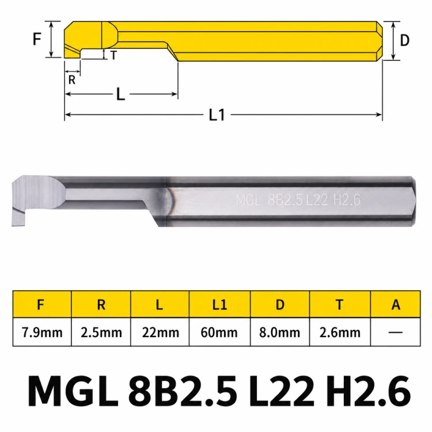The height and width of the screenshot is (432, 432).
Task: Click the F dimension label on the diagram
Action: point(37,39)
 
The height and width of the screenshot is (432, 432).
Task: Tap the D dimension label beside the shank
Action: point(404,40)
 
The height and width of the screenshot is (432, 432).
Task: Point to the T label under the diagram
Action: point(114,55)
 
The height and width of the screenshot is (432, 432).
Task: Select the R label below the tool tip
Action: point(71,80)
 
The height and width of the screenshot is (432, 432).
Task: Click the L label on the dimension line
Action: point(121,94)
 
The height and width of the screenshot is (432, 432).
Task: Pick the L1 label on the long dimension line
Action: point(217,115)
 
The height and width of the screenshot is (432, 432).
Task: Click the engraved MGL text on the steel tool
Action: point(248,200)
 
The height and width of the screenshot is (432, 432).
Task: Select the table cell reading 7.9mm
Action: point(42,332)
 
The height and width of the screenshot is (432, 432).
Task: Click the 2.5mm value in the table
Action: point(101,332)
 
